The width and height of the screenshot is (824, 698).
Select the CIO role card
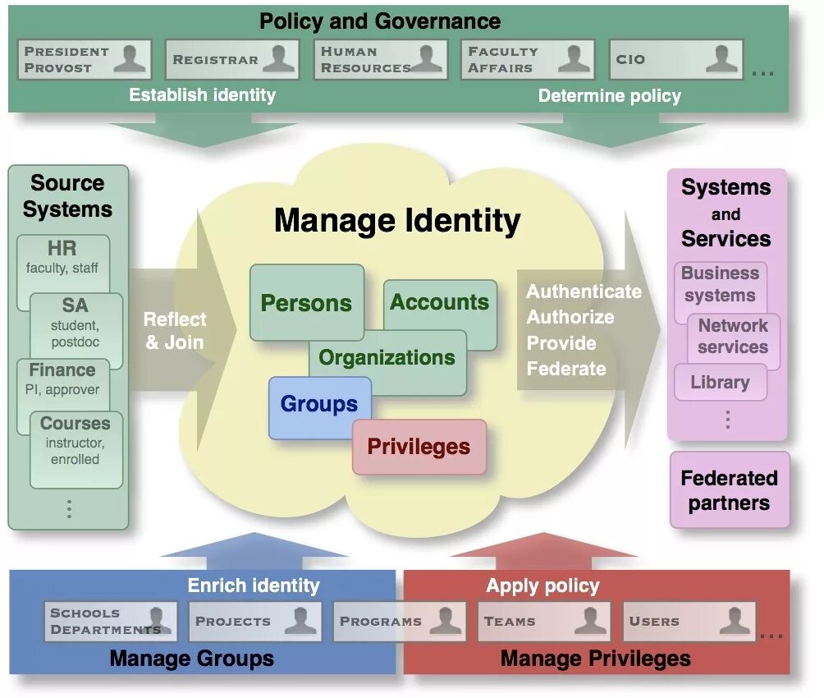coord(675,59)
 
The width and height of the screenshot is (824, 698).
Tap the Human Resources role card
coord(380,59)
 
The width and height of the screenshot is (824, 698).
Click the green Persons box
coord(306,302)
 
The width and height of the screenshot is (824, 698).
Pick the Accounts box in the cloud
coord(440,302)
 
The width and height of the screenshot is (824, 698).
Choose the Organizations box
coord(387,358)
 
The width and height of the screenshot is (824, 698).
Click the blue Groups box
coord(319,404)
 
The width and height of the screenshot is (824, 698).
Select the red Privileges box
coord(419,447)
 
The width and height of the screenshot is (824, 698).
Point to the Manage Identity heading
coord(397,220)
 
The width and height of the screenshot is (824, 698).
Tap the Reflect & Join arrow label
coord(175,330)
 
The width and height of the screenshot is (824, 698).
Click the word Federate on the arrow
coord(566,369)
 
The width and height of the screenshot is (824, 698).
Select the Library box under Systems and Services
coord(720,382)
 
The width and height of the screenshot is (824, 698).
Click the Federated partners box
coord(729,490)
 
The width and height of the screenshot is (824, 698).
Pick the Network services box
coord(732,336)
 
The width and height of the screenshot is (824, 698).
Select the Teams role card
coord(544,622)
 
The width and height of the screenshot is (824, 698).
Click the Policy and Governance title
coord(380,21)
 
